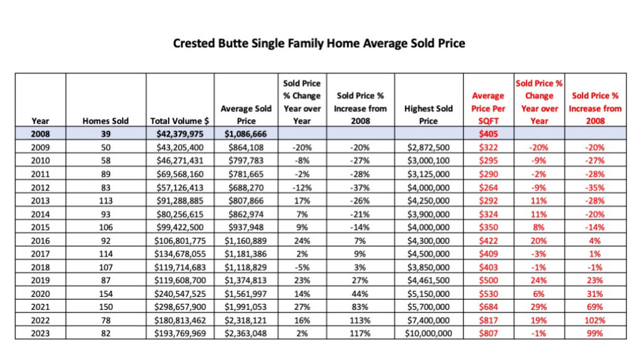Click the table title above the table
pos(319,44)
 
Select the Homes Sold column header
pos(105,121)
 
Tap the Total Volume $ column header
pos(180,121)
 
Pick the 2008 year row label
pos(40,133)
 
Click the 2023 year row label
pos(40,333)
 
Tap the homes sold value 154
pos(105,294)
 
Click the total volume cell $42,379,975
pos(180,133)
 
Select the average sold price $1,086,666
pos(246,133)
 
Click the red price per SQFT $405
pos(488,133)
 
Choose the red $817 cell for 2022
pos(488,321)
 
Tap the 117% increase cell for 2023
pos(360,333)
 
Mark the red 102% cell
pos(595,321)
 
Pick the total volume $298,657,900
pos(180,307)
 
